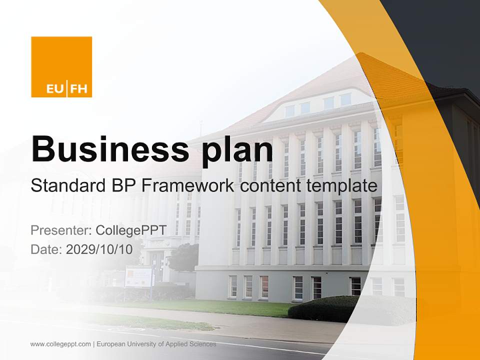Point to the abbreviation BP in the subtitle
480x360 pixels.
pos(122,186)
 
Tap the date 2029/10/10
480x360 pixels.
pos(99,249)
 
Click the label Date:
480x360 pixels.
pos(46,249)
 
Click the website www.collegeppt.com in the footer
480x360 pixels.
pos(60,344)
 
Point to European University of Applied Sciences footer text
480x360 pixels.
pos(156,344)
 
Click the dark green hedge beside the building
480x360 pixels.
pos(325,309)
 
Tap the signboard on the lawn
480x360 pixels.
pos(139,276)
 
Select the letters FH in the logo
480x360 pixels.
pos(78,89)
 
